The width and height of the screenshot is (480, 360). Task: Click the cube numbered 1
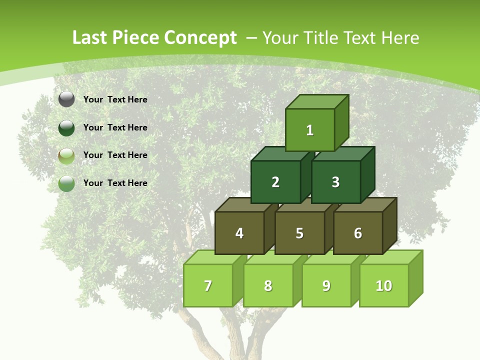point(310,130)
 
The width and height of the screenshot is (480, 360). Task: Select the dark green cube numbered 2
point(275,182)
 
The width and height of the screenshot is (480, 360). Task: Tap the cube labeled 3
point(335,182)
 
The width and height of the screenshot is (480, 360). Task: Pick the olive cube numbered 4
point(239,233)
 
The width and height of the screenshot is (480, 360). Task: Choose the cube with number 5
point(299,233)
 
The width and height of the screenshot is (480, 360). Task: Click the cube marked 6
point(357,233)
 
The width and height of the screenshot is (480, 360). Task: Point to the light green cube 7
point(208,285)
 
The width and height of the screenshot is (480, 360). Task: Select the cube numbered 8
point(268,285)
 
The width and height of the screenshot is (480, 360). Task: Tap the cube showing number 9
point(326,285)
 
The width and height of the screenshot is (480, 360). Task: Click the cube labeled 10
point(383,285)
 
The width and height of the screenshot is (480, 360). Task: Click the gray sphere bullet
point(66,99)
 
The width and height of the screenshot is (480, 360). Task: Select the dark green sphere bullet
point(66,127)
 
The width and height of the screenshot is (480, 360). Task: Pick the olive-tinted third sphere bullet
point(66,156)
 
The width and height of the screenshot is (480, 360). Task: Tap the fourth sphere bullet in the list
point(66,183)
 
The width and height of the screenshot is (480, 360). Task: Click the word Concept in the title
point(200,38)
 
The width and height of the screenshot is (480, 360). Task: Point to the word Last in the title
point(90,38)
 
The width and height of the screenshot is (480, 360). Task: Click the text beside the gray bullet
point(115,99)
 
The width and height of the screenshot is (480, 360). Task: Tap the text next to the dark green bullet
point(115,127)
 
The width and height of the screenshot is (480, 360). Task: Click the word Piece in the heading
point(136,38)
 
